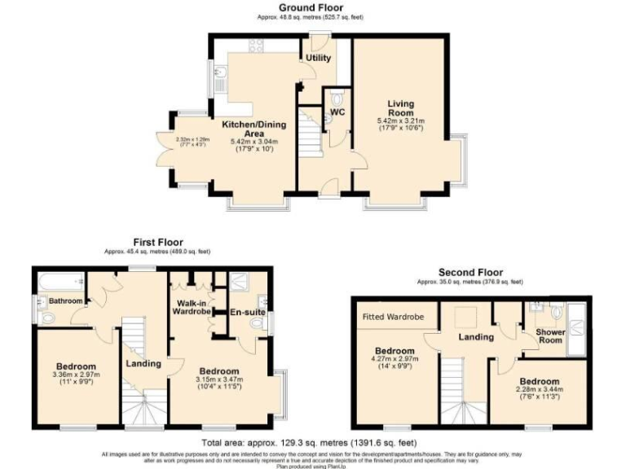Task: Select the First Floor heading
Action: tap(158, 242)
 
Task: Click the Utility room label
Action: tap(318, 59)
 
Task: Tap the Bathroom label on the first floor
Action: tap(65, 301)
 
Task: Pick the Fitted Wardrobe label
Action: tap(395, 316)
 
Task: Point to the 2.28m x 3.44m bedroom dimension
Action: tap(539, 392)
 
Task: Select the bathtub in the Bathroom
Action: tap(60, 281)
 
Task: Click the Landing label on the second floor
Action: tap(475, 336)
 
